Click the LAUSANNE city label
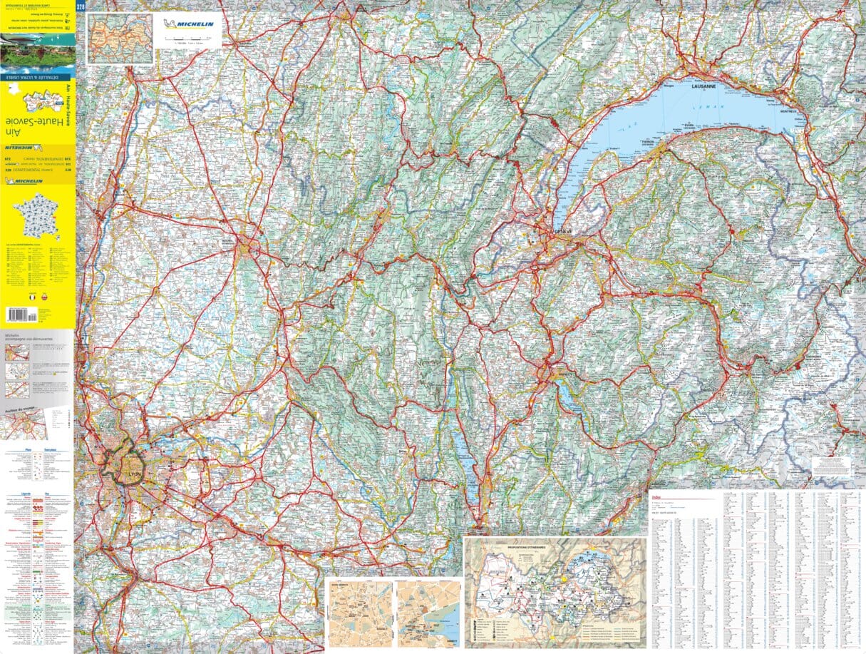tap(705, 86)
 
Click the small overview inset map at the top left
tap(120, 39)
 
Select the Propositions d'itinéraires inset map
tap(555, 593)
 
